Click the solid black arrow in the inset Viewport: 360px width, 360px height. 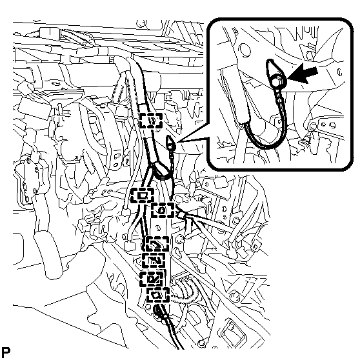click(x=303, y=75)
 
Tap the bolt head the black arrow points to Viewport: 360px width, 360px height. click(x=276, y=81)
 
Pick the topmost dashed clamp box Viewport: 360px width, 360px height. click(x=151, y=120)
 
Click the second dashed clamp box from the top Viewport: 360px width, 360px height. click(x=143, y=195)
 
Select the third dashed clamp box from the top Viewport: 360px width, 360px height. click(x=163, y=210)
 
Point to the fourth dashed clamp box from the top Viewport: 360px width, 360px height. click(x=157, y=244)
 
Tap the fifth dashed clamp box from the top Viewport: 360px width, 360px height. click(x=154, y=260)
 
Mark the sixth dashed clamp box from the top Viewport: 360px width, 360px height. click(x=152, y=279)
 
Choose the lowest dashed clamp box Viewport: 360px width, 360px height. click(x=158, y=295)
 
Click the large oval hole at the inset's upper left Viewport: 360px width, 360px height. click(x=245, y=50)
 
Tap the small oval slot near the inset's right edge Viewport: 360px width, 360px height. click(x=340, y=72)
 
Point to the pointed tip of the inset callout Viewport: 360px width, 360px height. click(x=177, y=142)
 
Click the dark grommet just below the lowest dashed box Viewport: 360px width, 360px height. click(x=159, y=310)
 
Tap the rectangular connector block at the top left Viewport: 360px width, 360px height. click(x=50, y=32)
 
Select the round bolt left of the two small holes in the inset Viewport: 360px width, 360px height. click(x=313, y=126)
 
